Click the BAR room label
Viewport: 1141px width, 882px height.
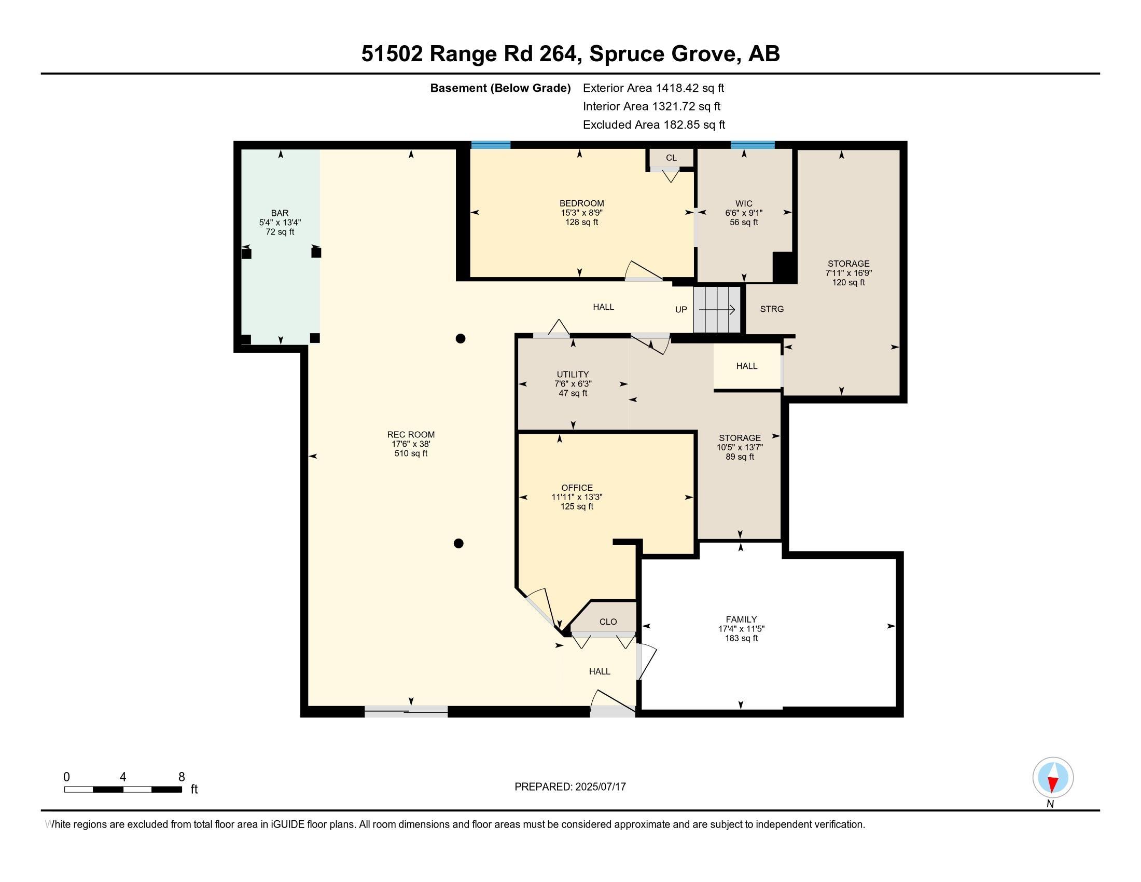coord(280,213)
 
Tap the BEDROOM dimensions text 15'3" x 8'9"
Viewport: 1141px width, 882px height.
coord(581,213)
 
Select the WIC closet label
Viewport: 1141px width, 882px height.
coord(743,203)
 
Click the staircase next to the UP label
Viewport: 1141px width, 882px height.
coord(717,309)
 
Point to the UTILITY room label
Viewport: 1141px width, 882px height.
coord(573,374)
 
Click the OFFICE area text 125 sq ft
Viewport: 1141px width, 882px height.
coord(577,506)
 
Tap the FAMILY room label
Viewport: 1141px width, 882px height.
coord(741,619)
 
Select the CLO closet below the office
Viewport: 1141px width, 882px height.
coord(608,621)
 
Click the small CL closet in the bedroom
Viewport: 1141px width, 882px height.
coord(671,158)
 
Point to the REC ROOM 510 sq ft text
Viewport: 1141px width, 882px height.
coord(411,453)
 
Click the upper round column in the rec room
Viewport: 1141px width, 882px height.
coord(460,339)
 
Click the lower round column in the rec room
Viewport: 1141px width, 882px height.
coord(458,543)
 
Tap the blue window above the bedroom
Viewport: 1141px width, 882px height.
coord(491,145)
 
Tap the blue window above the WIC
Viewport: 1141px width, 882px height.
coord(753,145)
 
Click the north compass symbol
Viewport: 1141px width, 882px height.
coord(1053,778)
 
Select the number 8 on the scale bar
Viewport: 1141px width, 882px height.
coord(182,777)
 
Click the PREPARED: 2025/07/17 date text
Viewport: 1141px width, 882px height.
coord(570,787)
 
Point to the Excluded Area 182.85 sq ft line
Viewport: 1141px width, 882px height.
coord(653,125)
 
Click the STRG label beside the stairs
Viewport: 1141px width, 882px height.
coord(772,309)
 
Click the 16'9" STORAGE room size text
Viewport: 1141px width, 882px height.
coord(848,273)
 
